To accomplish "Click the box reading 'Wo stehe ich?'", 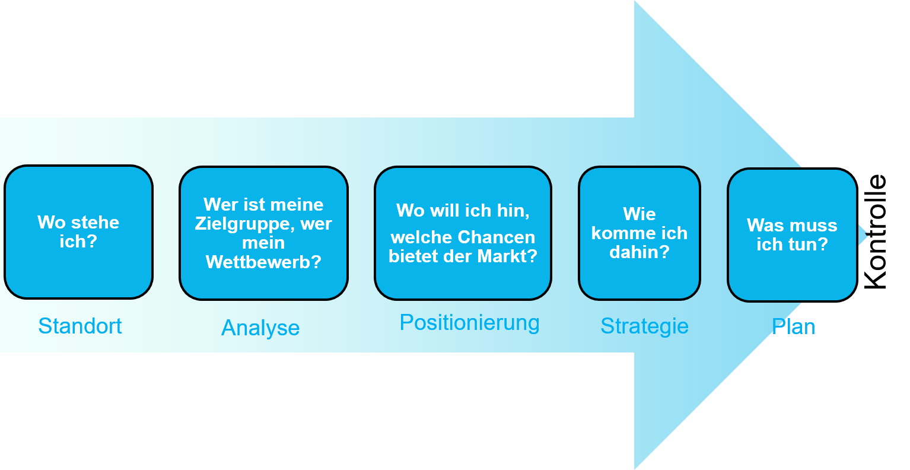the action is pyautogui.click(x=78, y=232).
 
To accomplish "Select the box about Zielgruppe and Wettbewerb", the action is pyautogui.click(x=263, y=233).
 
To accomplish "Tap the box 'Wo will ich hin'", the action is pyautogui.click(x=463, y=233).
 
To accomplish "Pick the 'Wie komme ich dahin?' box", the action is pyautogui.click(x=639, y=233).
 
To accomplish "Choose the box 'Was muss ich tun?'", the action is pyautogui.click(x=792, y=235).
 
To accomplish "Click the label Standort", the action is pyautogui.click(x=80, y=326).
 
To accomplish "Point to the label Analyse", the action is pyautogui.click(x=260, y=328).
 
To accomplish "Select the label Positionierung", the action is pyautogui.click(x=470, y=323).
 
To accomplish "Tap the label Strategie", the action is pyautogui.click(x=644, y=326).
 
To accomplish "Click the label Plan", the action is pyautogui.click(x=793, y=326).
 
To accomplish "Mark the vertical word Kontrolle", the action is pyautogui.click(x=874, y=232).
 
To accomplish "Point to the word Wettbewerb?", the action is pyautogui.click(x=263, y=262).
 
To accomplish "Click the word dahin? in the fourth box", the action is pyautogui.click(x=639, y=252).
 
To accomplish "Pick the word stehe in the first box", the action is pyautogui.click(x=96, y=222).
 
